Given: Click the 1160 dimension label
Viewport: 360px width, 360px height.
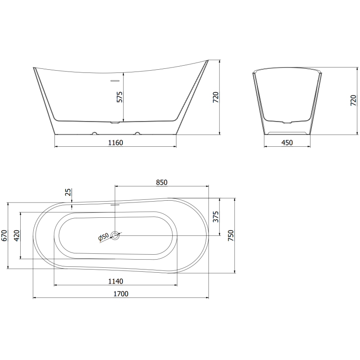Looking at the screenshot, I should (x=115, y=143).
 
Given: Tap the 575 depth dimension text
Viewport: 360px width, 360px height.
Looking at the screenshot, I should (x=119, y=97).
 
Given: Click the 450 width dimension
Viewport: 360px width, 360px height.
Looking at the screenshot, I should (x=287, y=143).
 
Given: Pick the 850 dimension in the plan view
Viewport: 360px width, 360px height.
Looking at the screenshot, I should (x=162, y=182).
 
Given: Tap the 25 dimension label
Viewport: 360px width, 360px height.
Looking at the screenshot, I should (x=68, y=192).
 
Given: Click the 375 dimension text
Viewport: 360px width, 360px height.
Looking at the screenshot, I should (x=216, y=217).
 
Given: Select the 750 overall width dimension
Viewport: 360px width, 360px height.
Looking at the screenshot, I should (x=231, y=235).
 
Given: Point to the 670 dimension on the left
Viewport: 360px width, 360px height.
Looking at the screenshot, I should (x=4, y=236).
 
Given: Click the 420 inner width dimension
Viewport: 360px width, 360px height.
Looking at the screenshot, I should (x=17, y=235).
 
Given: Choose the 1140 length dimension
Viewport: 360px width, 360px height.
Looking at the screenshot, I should (x=116, y=281).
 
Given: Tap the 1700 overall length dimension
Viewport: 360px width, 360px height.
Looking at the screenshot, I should (x=121, y=294).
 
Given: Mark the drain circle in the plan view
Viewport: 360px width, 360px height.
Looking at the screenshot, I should (x=116, y=235).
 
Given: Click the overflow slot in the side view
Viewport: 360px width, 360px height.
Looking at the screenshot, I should (x=115, y=81).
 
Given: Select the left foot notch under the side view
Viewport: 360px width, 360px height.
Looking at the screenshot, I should (x=94, y=133).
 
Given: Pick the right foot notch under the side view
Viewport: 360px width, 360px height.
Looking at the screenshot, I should (x=137, y=133).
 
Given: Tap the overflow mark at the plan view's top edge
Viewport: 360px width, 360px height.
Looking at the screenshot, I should (x=115, y=203).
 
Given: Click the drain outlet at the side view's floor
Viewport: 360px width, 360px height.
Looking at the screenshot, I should (x=115, y=121).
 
